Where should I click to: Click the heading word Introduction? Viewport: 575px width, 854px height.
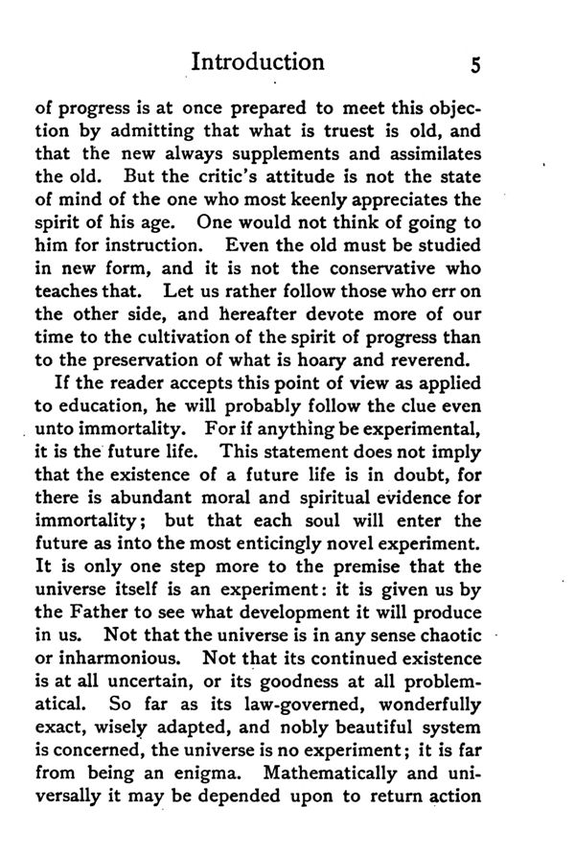pyautogui.click(x=258, y=64)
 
